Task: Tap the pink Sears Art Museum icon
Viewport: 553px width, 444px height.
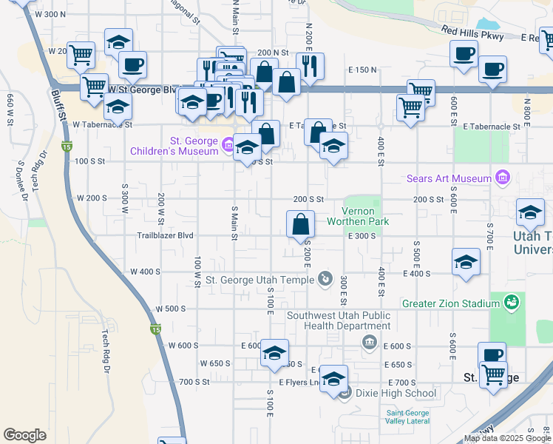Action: [x=503, y=178]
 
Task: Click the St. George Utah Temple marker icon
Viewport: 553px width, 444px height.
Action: [x=325, y=278]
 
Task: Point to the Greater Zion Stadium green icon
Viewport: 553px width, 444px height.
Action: [x=511, y=302]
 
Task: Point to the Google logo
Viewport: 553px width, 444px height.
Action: [x=24, y=435]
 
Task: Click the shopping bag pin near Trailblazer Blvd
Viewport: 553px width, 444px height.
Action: [x=301, y=225]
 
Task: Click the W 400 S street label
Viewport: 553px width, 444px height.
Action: [x=145, y=272]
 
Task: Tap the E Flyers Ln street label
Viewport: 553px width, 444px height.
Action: [x=299, y=382]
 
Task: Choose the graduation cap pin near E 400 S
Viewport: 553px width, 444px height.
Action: [x=466, y=263]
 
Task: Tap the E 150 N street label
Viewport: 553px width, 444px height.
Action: [x=362, y=70]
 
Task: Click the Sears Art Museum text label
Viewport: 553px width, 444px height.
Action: [x=449, y=178]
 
